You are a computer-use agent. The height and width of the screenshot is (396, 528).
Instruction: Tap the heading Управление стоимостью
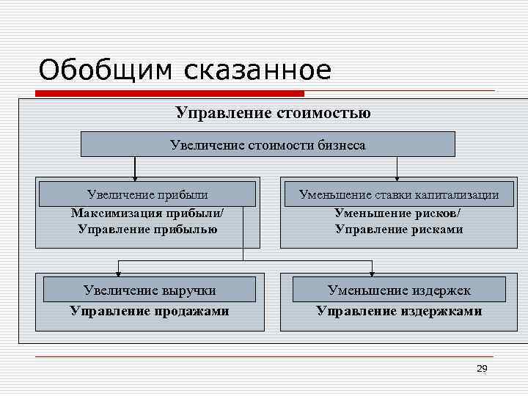point(273,113)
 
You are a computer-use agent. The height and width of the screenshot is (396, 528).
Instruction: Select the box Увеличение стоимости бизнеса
point(268,144)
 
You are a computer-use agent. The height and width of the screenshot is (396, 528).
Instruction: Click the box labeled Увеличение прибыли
point(147,194)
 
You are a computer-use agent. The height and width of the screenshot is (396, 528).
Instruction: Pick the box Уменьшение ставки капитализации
point(399,194)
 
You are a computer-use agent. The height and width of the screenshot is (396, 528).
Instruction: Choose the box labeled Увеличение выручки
point(150,290)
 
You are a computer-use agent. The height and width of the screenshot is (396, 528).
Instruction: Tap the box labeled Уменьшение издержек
point(399,290)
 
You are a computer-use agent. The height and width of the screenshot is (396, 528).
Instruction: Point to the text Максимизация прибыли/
point(147,213)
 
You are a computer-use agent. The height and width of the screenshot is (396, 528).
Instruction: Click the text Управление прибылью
point(147,229)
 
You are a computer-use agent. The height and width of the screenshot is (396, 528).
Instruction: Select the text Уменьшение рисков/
point(399,213)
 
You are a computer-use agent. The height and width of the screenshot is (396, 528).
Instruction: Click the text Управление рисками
point(399,229)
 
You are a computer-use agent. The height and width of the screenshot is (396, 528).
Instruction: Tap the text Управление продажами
point(150,311)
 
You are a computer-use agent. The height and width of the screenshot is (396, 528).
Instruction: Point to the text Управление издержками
point(399,311)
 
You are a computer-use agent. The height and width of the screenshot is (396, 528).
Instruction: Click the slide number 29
point(482,369)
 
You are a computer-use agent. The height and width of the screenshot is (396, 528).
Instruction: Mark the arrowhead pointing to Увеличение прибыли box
point(135,177)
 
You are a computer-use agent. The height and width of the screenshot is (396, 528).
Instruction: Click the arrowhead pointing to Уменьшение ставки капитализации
point(397,177)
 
